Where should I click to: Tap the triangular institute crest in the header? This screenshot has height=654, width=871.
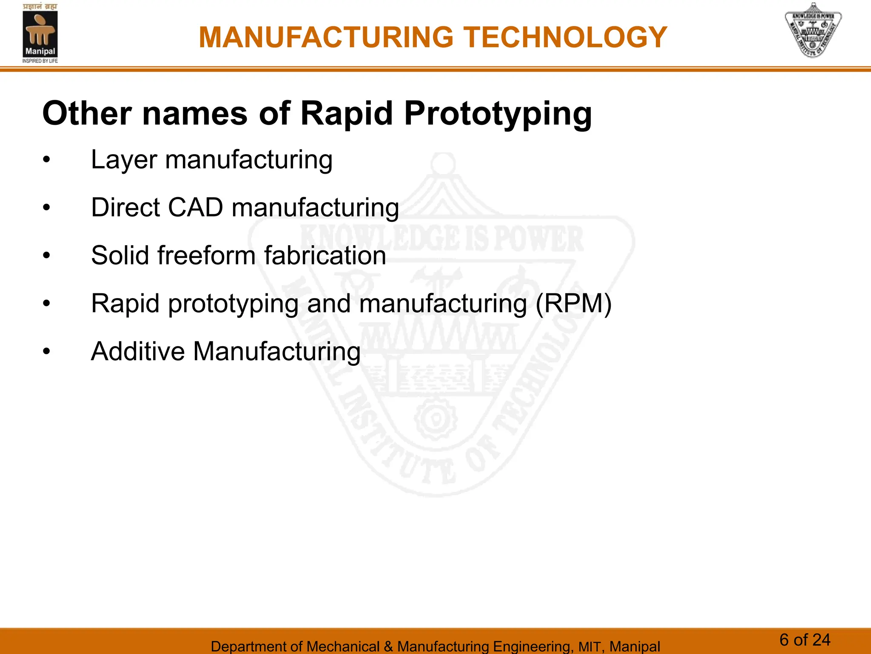(x=813, y=31)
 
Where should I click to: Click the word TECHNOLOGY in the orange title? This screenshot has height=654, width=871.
(x=565, y=37)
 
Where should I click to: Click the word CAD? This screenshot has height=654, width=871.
(x=195, y=208)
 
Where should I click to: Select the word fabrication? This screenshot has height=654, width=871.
(x=325, y=255)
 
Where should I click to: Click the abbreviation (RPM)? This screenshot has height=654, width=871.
(x=573, y=304)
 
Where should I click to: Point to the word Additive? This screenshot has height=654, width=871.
(x=138, y=352)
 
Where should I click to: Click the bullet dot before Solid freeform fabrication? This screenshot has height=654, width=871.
(x=46, y=256)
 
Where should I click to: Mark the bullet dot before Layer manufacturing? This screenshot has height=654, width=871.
(x=46, y=161)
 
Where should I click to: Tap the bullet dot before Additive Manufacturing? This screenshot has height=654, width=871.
(x=46, y=352)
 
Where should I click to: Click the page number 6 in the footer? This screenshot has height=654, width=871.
(x=784, y=640)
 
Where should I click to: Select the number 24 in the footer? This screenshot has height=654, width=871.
(x=821, y=640)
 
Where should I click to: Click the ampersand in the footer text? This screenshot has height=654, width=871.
(x=388, y=646)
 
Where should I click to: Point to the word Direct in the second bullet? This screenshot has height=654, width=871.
(x=125, y=208)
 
